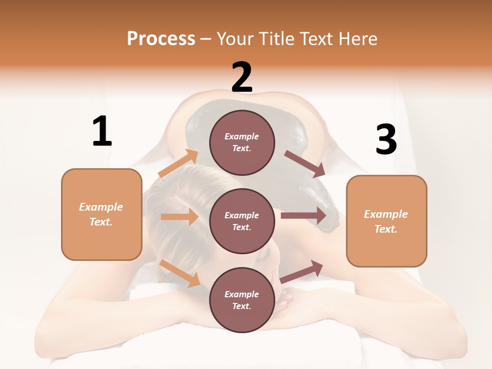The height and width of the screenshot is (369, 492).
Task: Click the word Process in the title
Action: pyautogui.click(x=161, y=38)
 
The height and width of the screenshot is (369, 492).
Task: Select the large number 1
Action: pyautogui.click(x=102, y=131)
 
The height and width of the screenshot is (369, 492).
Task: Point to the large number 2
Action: pyautogui.click(x=242, y=77)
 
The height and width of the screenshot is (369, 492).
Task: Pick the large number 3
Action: pyautogui.click(x=386, y=140)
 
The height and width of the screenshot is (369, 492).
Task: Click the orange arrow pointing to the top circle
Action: pyautogui.click(x=178, y=164)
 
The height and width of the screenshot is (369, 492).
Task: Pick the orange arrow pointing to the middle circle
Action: pyautogui.click(x=179, y=217)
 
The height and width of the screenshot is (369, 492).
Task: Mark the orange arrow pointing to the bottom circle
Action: pyautogui.click(x=180, y=273)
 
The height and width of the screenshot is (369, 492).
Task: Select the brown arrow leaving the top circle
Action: pyautogui.click(x=304, y=164)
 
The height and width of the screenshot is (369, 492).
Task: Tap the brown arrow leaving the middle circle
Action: pyautogui.click(x=303, y=215)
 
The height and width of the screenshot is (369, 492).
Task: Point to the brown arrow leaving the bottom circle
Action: pyautogui.click(x=301, y=272)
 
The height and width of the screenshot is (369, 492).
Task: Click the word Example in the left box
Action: pyautogui.click(x=101, y=207)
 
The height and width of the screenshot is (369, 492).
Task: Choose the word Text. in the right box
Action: pyautogui.click(x=386, y=229)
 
